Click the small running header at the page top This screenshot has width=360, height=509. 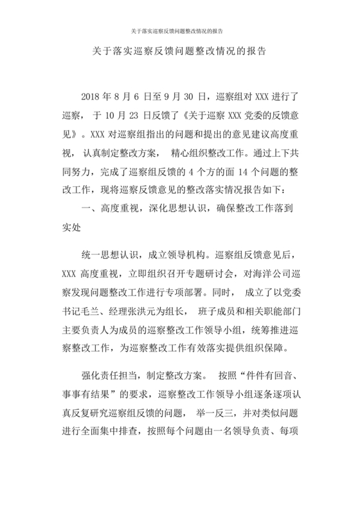coord(180,30)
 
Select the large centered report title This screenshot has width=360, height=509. coord(180,50)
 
